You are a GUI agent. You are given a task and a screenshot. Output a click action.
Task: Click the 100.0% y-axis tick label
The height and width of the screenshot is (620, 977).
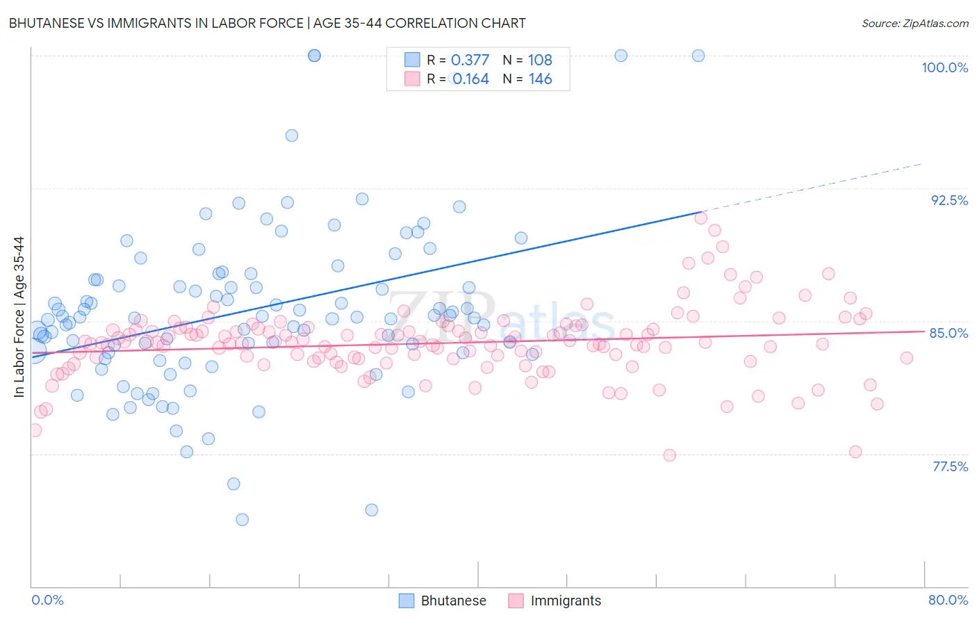944,67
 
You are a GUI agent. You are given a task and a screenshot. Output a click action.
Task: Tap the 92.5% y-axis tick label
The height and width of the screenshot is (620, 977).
949,200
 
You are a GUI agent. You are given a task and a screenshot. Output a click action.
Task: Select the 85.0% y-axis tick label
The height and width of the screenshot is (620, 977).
949,333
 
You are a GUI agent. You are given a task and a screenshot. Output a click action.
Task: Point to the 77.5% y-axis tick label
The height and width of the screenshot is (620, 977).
950,466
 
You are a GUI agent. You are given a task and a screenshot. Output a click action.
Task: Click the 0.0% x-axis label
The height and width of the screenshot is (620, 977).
47,600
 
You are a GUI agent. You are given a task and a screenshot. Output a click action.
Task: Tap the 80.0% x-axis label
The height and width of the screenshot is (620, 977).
948,600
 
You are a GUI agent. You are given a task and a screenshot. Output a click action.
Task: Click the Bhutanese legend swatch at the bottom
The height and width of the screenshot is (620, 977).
407,601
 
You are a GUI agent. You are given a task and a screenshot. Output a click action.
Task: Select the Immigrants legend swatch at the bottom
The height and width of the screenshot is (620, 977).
516,601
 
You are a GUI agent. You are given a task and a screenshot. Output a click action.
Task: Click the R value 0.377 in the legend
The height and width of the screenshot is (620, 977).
470,60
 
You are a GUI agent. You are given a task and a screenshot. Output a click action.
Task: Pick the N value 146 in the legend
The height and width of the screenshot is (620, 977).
540,79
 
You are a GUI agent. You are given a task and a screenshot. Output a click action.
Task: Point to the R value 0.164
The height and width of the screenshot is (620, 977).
470,79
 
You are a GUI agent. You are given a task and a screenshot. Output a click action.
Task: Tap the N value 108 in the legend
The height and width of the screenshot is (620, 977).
540,60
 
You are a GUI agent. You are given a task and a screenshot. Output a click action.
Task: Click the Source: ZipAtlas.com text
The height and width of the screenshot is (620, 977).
914,23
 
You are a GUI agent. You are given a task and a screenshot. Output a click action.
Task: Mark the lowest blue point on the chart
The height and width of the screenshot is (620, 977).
243,519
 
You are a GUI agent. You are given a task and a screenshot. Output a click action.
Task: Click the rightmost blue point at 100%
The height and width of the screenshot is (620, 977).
698,56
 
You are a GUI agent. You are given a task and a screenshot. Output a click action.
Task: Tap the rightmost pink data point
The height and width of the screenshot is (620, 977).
906,358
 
